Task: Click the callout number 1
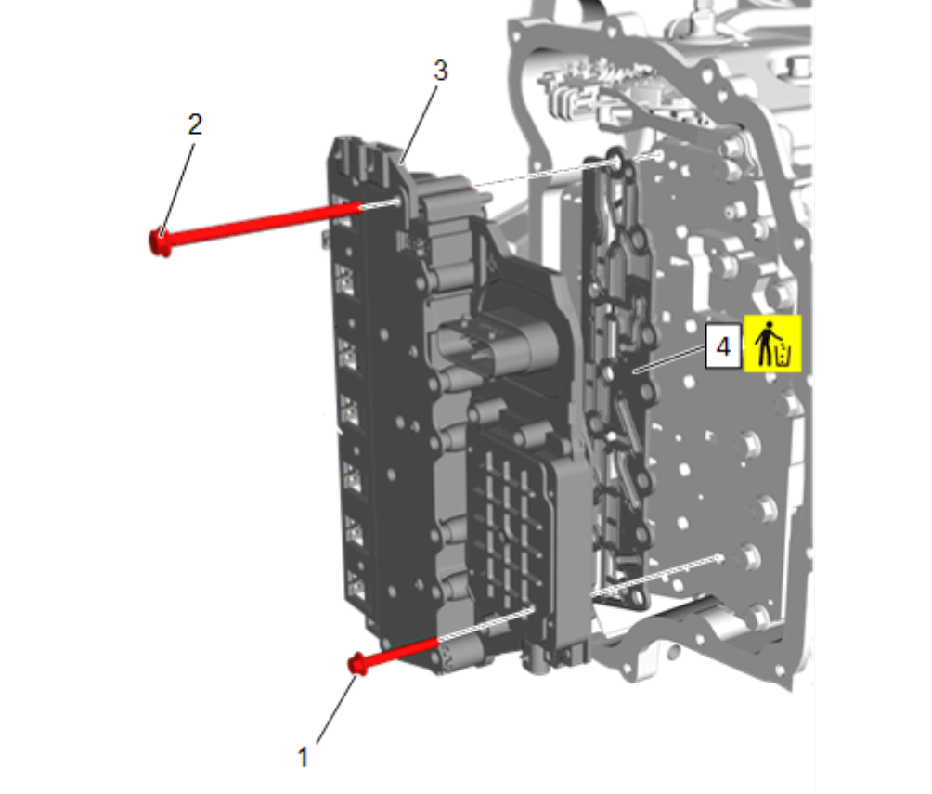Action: (303, 757)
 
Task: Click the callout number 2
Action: (195, 124)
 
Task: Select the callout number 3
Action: (440, 71)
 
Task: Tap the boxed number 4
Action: (723, 346)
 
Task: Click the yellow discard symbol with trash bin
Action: (772, 344)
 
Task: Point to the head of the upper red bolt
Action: (160, 242)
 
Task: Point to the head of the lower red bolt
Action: (356, 663)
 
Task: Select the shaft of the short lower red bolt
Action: (402, 650)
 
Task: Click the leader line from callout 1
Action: (336, 709)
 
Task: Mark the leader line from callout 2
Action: (177, 189)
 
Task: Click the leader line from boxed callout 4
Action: (670, 360)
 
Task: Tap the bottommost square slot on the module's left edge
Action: (356, 585)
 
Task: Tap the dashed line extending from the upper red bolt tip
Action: (381, 204)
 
